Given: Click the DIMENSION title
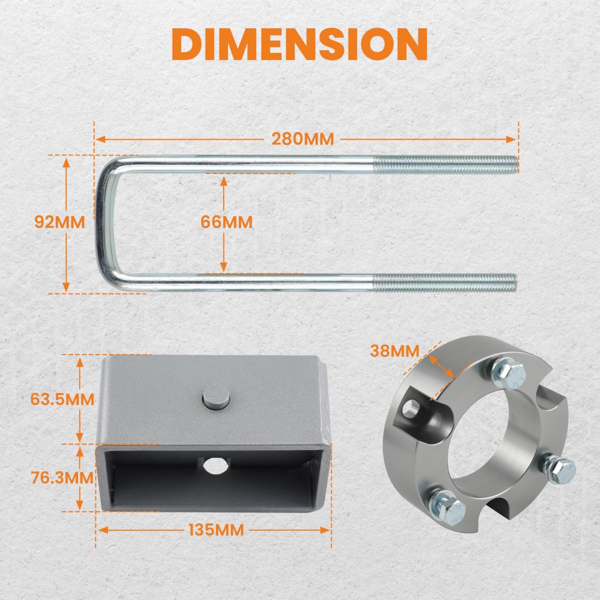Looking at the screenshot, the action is [x=299, y=44].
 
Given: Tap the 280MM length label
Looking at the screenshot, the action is [x=302, y=139].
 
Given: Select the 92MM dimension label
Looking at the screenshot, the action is [x=59, y=222].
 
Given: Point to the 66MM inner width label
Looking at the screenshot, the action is [x=227, y=222].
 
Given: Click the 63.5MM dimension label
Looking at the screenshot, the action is [x=62, y=399].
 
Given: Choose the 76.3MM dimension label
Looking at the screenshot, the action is [x=62, y=478].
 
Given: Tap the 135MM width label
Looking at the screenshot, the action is [x=216, y=530].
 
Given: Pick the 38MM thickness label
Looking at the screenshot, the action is [x=395, y=351].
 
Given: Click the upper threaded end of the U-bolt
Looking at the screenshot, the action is [x=446, y=164].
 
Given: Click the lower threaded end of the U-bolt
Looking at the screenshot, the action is [x=445, y=283].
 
